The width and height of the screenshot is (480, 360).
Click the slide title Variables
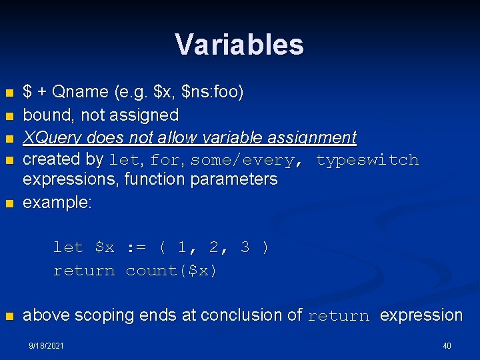239,45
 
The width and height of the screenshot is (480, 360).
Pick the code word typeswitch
367,160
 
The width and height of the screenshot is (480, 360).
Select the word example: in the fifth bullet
57,203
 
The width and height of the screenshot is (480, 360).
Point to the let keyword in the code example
68,247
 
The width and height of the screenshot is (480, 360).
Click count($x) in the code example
171,271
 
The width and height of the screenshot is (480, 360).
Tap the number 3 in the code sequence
245,247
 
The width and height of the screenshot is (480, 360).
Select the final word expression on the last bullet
421,315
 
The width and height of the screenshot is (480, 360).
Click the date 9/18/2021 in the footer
46,346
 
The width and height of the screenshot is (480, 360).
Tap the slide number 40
446,346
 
